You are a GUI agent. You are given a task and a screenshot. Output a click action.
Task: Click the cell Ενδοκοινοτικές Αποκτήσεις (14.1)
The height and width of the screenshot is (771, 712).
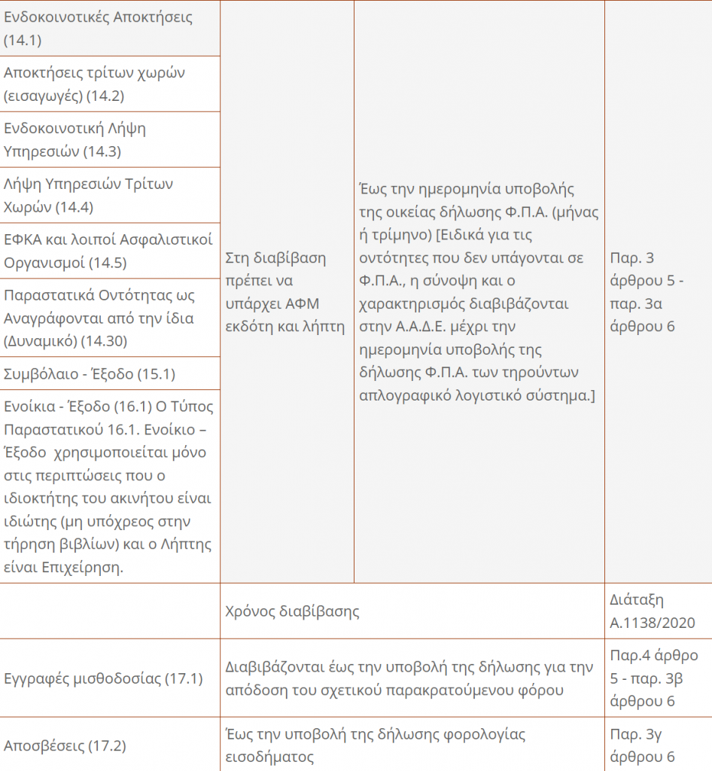[98, 29]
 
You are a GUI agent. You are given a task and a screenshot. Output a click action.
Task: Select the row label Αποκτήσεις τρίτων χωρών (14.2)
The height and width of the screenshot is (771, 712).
[94, 84]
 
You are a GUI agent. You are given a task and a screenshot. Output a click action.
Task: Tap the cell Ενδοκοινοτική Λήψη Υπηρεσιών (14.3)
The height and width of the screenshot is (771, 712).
[75, 139]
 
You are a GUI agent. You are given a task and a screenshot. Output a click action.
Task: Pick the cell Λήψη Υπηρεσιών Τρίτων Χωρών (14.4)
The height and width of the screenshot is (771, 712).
[89, 194]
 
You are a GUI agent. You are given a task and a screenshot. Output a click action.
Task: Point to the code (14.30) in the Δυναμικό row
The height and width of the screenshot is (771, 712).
[105, 342]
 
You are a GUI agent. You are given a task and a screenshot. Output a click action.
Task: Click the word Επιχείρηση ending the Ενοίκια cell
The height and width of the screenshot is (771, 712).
[85, 568]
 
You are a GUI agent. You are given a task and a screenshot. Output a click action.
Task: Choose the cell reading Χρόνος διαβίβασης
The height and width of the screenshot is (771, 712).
[292, 611]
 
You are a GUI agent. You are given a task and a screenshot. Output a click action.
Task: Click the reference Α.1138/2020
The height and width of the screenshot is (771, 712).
[652, 623]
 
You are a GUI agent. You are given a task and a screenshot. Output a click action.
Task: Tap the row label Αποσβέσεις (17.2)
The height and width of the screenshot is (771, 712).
[65, 746]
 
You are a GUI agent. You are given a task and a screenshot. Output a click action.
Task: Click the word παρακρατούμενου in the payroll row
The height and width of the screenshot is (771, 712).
[439, 690]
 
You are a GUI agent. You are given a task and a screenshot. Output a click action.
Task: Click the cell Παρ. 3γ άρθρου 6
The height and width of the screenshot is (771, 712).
[642, 746]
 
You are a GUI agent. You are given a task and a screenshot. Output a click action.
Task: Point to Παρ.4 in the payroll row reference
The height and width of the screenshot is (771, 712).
[631, 655]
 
